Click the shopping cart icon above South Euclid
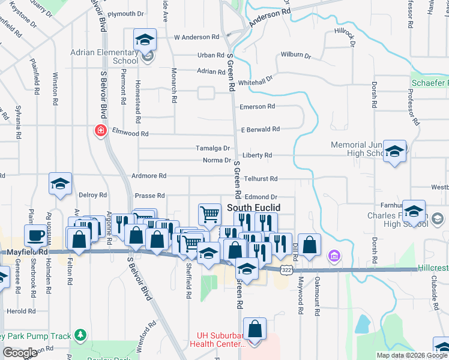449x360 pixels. click(x=209, y=214)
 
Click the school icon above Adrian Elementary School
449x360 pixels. click(x=145, y=40)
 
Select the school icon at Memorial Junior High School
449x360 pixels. click(x=394, y=151)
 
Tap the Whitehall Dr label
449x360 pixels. click(x=255, y=79)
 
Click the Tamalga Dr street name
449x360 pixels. click(x=213, y=148)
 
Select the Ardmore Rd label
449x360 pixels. click(x=149, y=176)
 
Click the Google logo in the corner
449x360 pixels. click(x=20, y=353)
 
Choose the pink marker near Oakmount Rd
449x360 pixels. click(x=334, y=257)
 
